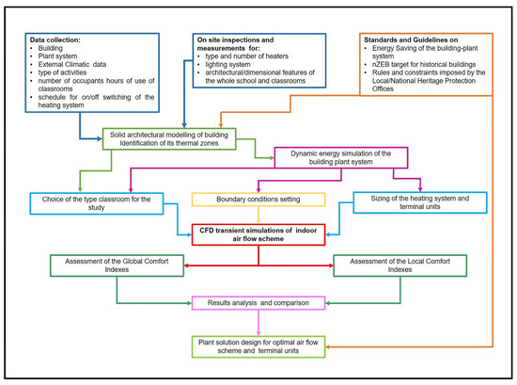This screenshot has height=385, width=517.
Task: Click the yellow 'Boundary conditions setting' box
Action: coord(258,199)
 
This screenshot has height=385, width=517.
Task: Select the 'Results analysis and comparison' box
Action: coord(259,302)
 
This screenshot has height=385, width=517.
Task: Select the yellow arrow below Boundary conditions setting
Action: coord(258,215)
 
